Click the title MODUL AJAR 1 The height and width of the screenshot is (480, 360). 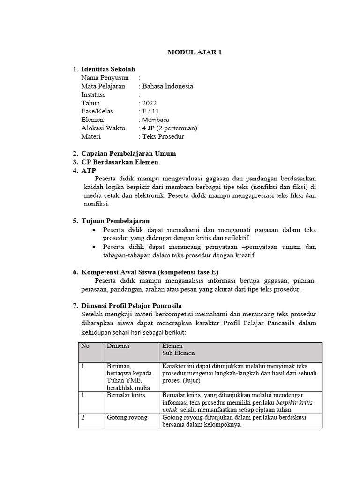click(195, 52)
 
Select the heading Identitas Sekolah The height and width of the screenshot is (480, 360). click(108, 69)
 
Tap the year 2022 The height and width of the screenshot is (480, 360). click(149, 103)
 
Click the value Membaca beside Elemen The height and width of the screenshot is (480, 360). click(156, 120)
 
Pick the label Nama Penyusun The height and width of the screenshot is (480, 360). click(105, 78)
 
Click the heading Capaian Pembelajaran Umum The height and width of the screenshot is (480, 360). click(128, 154)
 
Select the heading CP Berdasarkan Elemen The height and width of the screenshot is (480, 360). click(120, 162)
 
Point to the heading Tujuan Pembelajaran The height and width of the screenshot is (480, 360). click(115, 221)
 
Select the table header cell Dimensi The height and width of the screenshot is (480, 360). click(118, 346)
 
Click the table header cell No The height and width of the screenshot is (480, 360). click(85, 346)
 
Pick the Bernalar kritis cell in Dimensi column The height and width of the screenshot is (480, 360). click(126, 395)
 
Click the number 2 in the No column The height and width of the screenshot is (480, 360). click(83, 417)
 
